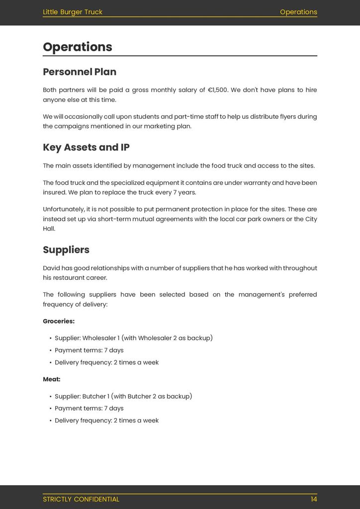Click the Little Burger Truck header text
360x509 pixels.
(73, 12)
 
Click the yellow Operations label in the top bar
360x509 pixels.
(298, 12)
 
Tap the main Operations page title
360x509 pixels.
(78, 47)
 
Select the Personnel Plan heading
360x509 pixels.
(80, 72)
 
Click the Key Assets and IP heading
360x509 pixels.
(86, 147)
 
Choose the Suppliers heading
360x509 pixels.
(66, 250)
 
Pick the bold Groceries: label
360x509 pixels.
(59, 321)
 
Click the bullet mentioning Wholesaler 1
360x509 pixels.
(133, 338)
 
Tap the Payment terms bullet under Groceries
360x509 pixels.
(89, 350)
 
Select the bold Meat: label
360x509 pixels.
(52, 379)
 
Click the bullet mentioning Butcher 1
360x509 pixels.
(123, 396)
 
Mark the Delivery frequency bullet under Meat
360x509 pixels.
(106, 421)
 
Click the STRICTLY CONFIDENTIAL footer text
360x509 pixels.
(81, 499)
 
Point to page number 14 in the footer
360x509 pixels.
(314, 499)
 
